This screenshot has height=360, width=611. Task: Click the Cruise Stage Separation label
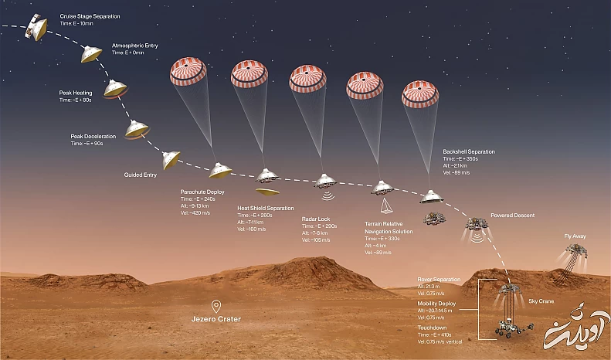point(89,15)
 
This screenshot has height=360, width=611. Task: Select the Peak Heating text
point(76,93)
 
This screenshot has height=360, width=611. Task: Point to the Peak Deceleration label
point(94,136)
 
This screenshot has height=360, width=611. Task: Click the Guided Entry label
point(141,175)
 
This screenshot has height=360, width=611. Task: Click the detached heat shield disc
point(267,190)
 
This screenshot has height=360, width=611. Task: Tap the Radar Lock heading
point(316,219)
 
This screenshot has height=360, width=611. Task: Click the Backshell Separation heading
point(469,151)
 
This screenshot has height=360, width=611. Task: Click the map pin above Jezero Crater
point(217,305)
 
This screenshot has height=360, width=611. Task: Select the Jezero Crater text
point(217,319)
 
